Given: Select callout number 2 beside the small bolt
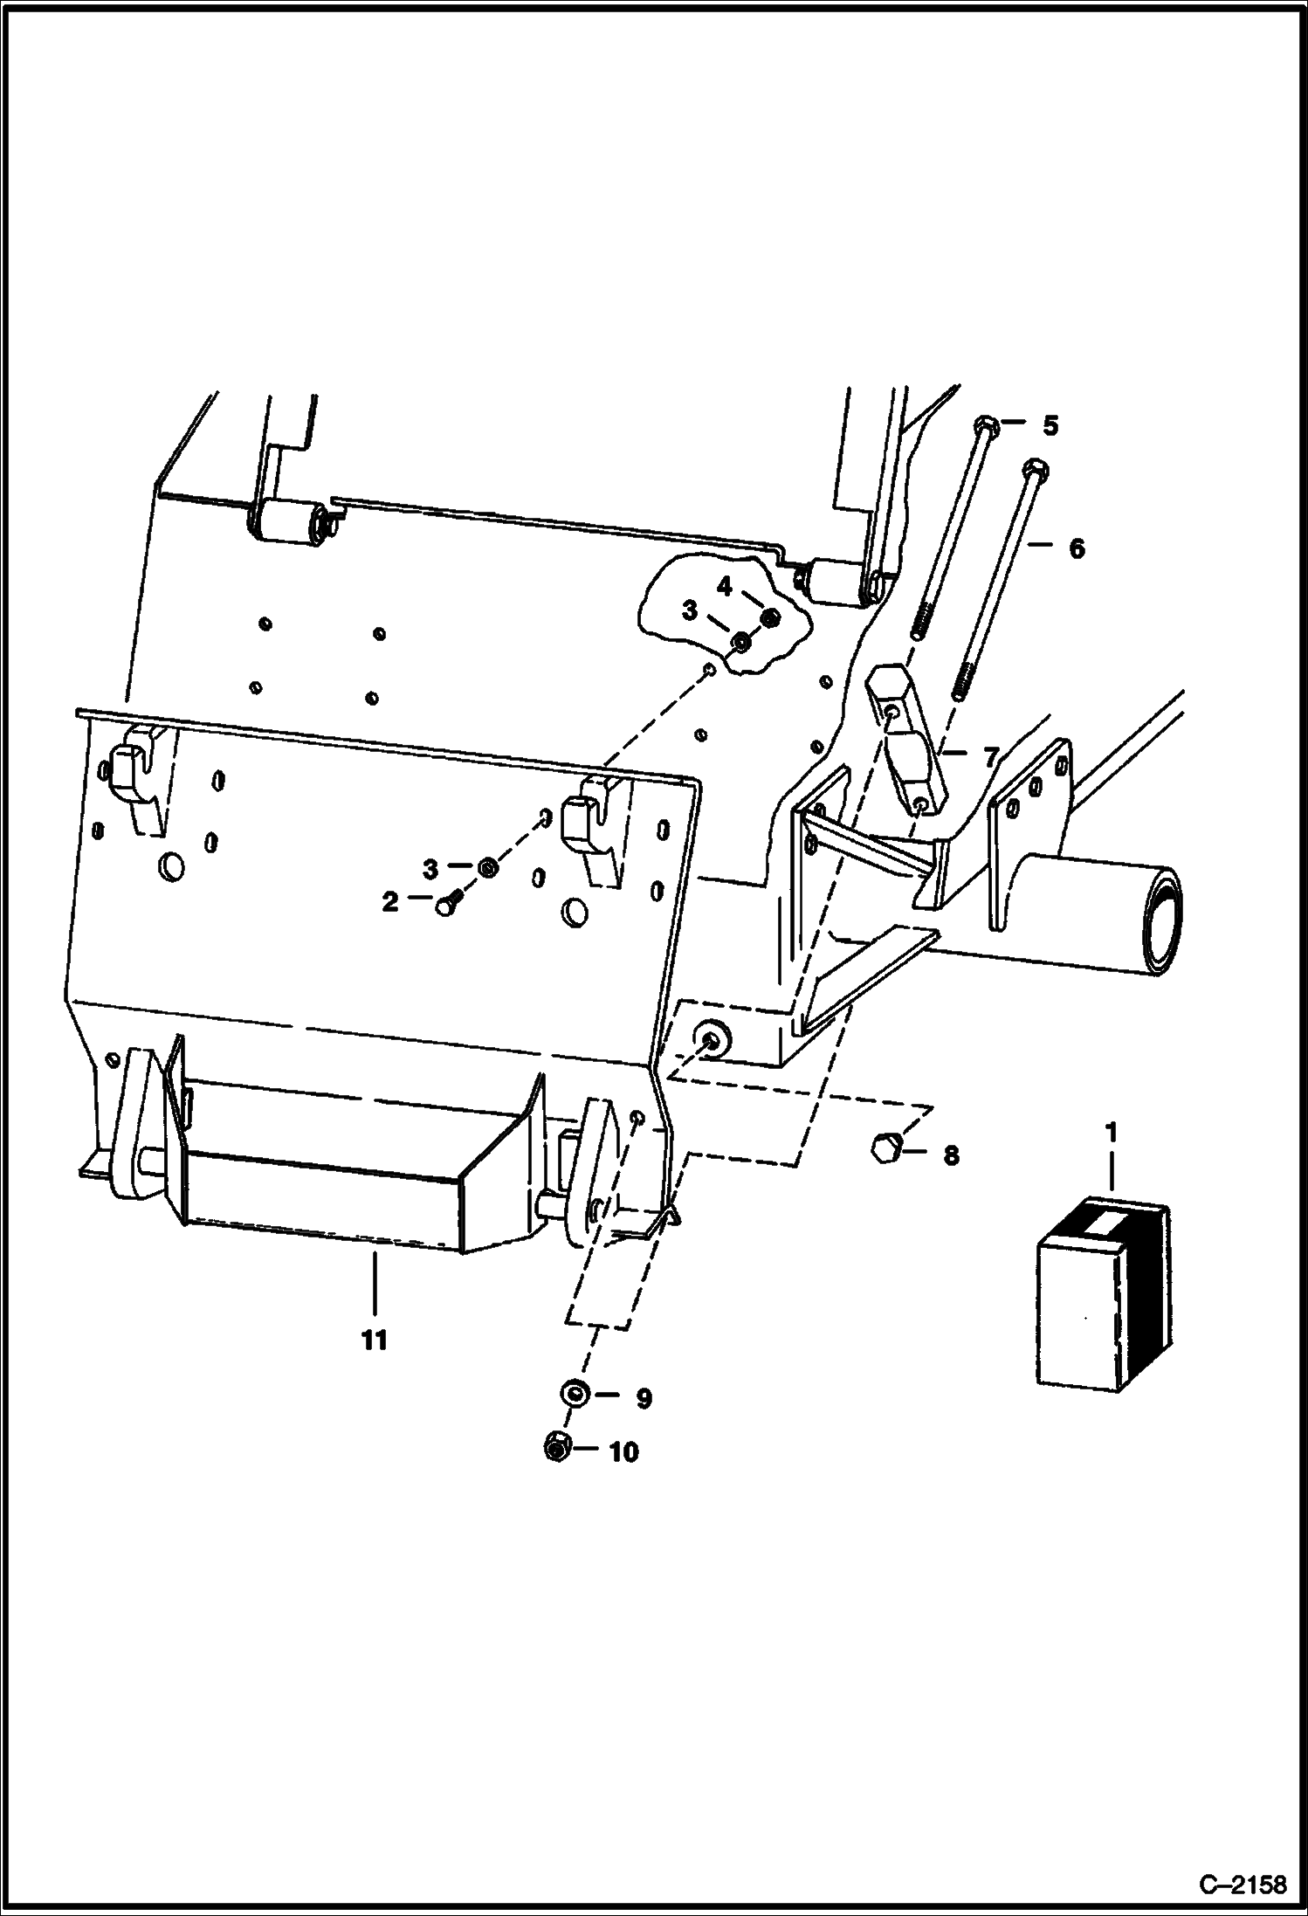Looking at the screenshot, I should [389, 901].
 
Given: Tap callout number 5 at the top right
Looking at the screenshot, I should [1050, 426].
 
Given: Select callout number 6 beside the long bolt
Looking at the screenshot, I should [1076, 548].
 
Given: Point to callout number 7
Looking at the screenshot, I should [990, 757].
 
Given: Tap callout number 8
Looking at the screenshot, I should [951, 1155].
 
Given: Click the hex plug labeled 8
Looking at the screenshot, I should [884, 1147].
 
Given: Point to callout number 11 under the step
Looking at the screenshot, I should [374, 1340].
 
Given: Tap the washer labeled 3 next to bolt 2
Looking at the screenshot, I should [487, 867].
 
